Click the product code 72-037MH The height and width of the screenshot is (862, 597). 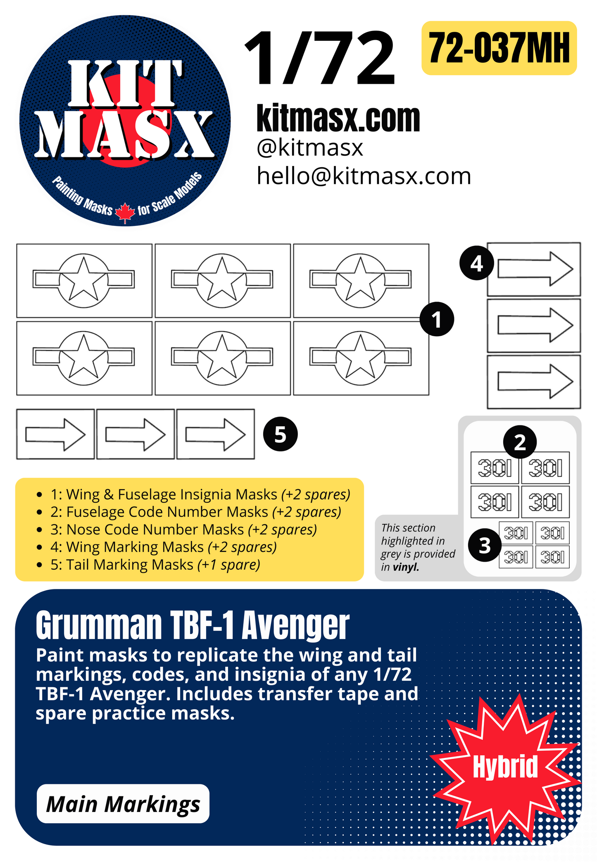499,48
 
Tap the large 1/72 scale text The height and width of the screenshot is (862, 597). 320,59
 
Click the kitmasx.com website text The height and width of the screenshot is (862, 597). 338,119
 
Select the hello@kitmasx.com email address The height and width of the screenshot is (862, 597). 364,176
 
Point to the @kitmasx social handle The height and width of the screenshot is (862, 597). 309,148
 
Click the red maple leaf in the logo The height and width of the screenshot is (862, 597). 125,213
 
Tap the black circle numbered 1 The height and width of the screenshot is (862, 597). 437,319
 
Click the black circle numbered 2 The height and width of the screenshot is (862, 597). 520,442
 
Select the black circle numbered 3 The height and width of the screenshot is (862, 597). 485,545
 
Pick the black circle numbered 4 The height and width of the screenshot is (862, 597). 477,264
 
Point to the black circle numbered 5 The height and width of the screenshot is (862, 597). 280,435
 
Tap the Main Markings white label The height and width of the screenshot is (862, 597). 123,804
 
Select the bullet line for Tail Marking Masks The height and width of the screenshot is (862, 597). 155,565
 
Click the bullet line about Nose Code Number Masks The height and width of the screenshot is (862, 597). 183,530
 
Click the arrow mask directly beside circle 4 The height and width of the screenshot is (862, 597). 535,269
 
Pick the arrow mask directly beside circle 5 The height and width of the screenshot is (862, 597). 215,435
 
